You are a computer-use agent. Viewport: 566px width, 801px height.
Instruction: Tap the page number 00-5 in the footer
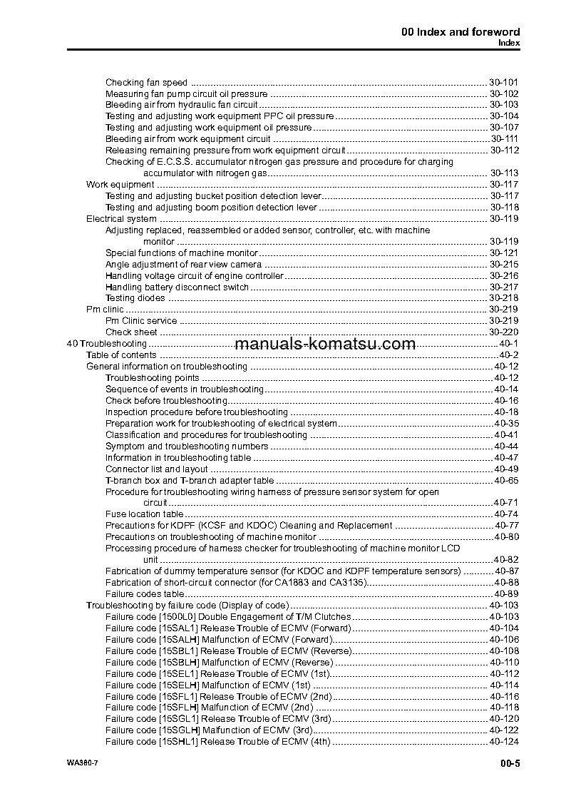[x=510, y=765]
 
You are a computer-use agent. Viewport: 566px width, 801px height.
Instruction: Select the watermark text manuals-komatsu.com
[x=324, y=344]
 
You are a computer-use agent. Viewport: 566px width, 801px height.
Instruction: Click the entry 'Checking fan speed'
[x=146, y=82]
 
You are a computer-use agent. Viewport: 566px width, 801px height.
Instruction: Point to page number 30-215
[x=503, y=265]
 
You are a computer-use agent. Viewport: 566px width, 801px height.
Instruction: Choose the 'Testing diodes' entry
[x=135, y=298]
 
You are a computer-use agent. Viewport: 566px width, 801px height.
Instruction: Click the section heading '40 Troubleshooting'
[x=106, y=344]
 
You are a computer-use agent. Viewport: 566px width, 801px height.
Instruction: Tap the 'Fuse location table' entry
[x=144, y=514]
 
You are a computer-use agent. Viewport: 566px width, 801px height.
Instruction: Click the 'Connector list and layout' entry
[x=156, y=469]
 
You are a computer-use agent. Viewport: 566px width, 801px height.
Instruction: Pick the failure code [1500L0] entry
[x=228, y=616]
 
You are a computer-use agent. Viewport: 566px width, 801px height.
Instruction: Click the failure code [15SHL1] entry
[x=218, y=742]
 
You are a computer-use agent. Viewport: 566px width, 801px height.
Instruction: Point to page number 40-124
[x=503, y=742]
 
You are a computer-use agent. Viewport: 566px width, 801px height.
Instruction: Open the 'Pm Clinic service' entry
[x=141, y=321]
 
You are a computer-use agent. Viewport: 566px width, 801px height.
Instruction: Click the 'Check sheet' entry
[x=131, y=332]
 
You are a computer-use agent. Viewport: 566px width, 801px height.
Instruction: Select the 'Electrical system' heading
[x=121, y=219]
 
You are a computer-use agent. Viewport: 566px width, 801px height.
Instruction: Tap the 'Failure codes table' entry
[x=145, y=593]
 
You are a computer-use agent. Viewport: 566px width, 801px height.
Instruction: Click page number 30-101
[x=503, y=82]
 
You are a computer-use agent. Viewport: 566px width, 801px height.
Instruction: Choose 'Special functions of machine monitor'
[x=181, y=253]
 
